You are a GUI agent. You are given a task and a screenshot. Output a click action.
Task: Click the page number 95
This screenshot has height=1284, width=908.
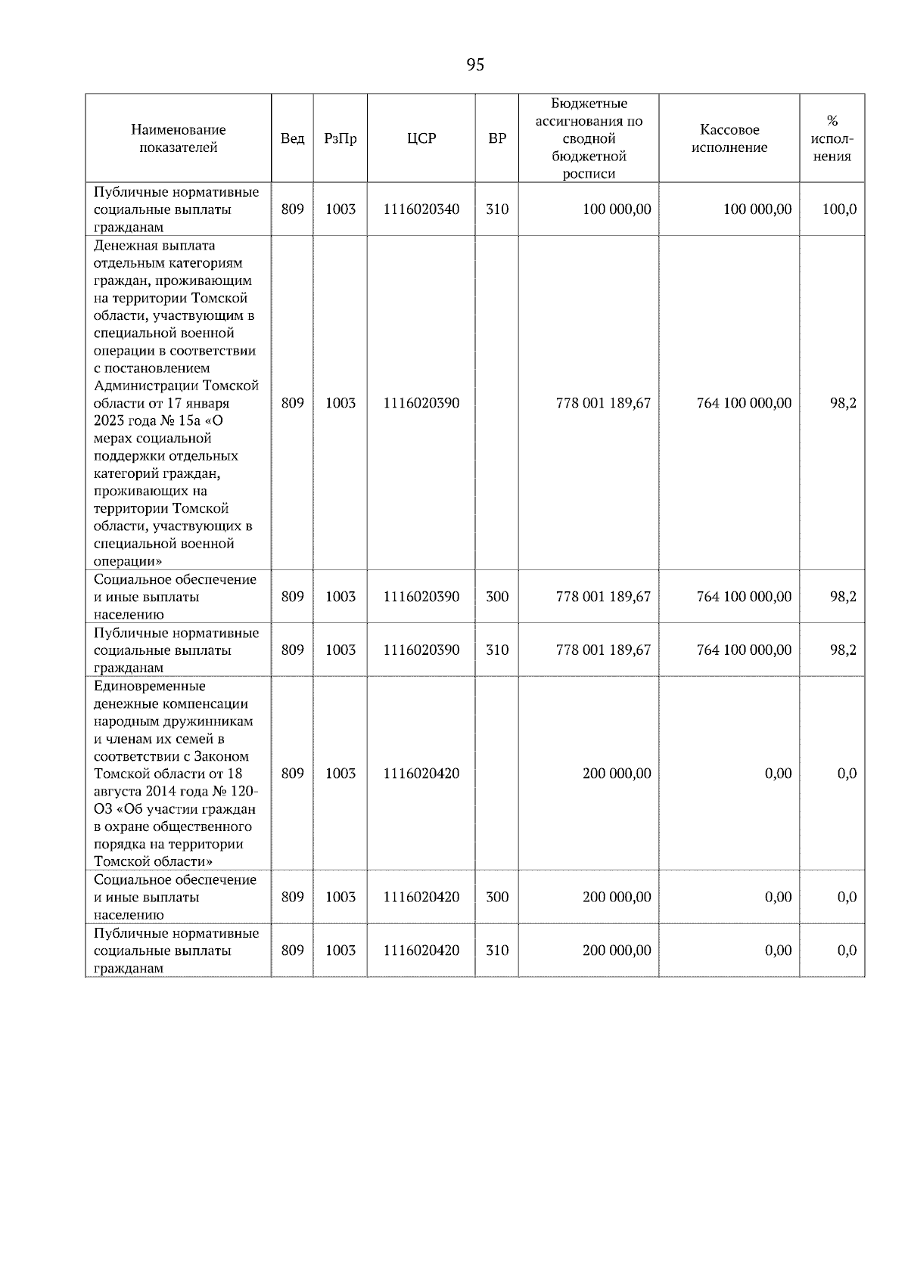(x=475, y=65)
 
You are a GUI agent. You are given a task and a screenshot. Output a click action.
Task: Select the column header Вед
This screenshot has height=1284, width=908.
(x=292, y=138)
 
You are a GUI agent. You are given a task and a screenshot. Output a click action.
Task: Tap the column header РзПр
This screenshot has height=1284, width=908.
(x=340, y=138)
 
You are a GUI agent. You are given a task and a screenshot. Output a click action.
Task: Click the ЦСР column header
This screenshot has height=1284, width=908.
(x=421, y=138)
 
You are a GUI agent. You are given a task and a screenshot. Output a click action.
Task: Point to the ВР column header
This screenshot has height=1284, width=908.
(x=496, y=138)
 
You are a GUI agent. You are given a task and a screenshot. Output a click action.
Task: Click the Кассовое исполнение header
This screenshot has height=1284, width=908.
(x=729, y=138)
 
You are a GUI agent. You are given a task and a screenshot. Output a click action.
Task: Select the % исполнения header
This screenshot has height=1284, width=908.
(x=832, y=138)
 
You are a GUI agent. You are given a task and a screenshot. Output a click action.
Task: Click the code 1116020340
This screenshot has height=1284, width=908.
(x=421, y=209)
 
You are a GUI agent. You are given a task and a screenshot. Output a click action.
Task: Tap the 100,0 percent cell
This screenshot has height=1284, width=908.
(x=839, y=209)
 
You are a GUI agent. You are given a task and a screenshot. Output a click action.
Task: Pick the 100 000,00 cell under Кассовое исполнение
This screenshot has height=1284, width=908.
(x=757, y=209)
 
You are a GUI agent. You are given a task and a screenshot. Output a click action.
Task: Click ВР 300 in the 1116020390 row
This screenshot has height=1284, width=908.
(x=496, y=597)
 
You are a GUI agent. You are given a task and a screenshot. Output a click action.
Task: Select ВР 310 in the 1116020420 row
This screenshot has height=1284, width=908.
(x=496, y=951)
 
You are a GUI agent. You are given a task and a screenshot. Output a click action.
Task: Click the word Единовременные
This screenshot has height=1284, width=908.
(x=149, y=687)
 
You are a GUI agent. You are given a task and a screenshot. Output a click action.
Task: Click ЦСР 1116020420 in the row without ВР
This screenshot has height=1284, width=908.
(x=421, y=774)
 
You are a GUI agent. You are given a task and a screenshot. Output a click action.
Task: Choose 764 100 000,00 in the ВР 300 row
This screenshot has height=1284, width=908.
(x=744, y=597)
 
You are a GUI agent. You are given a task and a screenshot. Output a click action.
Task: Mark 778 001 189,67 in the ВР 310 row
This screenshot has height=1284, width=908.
(x=603, y=650)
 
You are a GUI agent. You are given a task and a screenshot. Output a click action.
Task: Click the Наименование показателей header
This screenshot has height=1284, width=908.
(x=178, y=138)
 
